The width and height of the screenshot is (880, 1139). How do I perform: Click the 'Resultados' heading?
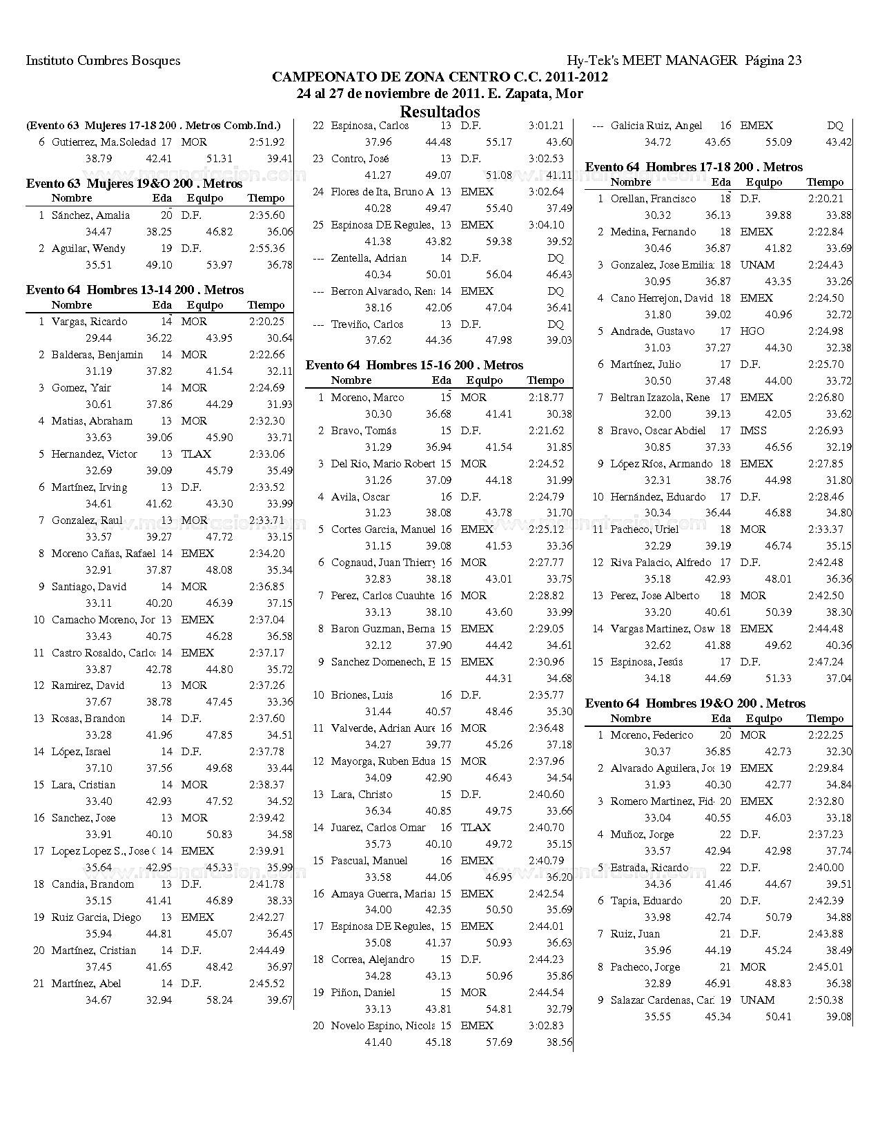tap(440, 112)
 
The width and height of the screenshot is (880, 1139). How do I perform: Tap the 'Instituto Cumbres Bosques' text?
tap(103, 61)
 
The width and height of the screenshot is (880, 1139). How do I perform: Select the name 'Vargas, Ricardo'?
tap(89, 322)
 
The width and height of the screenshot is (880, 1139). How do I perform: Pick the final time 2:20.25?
tap(266, 322)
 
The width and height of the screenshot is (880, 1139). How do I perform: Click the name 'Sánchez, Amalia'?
tap(90, 215)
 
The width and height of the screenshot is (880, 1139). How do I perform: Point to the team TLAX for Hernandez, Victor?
tap(196, 454)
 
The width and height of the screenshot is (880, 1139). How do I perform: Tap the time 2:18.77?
tap(546, 398)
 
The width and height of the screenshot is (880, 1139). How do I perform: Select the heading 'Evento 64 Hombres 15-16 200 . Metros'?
tap(414, 365)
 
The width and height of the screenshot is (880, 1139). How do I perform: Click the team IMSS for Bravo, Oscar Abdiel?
tap(753, 431)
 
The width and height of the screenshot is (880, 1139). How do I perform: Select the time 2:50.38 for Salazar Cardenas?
tap(825, 1000)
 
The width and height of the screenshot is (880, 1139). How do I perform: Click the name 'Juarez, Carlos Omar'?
tap(378, 828)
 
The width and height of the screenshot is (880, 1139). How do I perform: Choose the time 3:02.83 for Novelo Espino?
tap(546, 1026)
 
